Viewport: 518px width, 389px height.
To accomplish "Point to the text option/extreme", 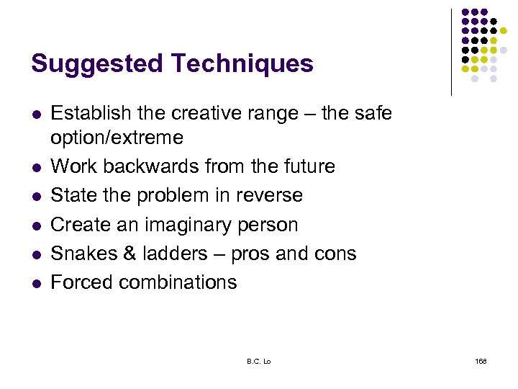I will tap(117, 138).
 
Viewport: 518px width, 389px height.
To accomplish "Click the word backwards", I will tap(153, 166).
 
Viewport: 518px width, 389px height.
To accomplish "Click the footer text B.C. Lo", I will tap(258, 361).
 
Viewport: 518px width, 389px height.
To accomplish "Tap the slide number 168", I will tap(480, 361).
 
